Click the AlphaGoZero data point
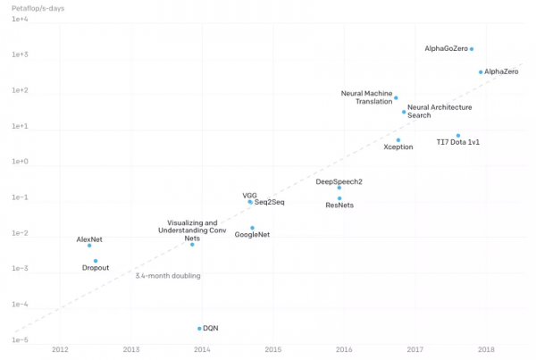pos(472,49)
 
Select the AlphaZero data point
pos(481,71)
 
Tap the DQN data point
pos(199,329)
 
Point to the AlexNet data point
pos(89,246)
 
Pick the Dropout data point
pos(96,261)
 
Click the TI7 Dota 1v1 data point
pos(458,136)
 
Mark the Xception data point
pos(398,139)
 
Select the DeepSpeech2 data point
pos(339,188)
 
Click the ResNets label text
pos(339,205)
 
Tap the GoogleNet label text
pos(252,235)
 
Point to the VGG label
pos(249,195)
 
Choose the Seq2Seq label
pos(269,202)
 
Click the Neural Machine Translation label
pos(366,96)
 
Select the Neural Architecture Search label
pos(440,111)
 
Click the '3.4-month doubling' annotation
pos(167,276)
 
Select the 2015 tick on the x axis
pos(272,349)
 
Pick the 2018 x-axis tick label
pos(486,349)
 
